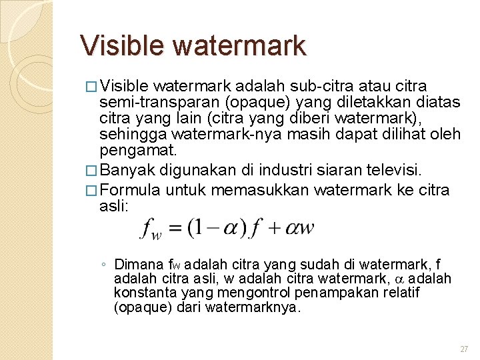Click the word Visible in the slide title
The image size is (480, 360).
[123, 45]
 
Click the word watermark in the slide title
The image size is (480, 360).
[240, 45]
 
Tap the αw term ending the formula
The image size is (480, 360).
[299, 228]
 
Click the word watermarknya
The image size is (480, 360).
[254, 307]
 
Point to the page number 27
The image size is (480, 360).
[464, 349]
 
